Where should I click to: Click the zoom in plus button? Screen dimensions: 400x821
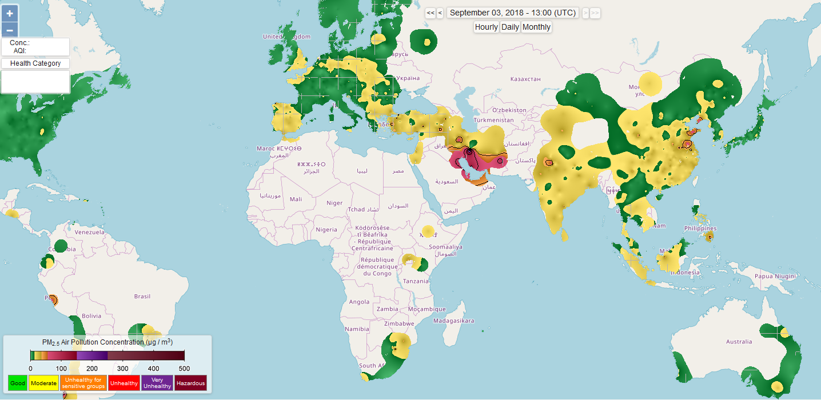pyautogui.click(x=10, y=13)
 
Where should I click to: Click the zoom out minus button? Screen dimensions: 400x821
pyautogui.click(x=10, y=30)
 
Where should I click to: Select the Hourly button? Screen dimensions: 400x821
pyautogui.click(x=487, y=27)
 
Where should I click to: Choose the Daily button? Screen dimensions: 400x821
pyautogui.click(x=510, y=27)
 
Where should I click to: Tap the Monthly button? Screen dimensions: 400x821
pyautogui.click(x=536, y=27)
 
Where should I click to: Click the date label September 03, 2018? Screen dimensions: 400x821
pyautogui.click(x=512, y=13)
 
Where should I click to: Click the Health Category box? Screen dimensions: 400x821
pyautogui.click(x=35, y=63)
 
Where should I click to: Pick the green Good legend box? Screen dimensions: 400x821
pyautogui.click(x=18, y=383)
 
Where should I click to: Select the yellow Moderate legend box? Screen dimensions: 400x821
pyautogui.click(x=44, y=383)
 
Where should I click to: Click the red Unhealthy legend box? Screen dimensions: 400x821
pyautogui.click(x=123, y=383)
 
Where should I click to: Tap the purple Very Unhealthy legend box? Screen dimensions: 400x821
pyautogui.click(x=157, y=383)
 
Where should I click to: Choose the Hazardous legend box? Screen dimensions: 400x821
pyautogui.click(x=190, y=383)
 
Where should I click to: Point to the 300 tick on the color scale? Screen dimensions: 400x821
pyautogui.click(x=123, y=369)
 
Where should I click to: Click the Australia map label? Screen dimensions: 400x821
pyautogui.click(x=739, y=342)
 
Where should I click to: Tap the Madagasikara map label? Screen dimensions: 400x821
pyautogui.click(x=454, y=321)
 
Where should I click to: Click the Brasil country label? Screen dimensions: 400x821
pyautogui.click(x=142, y=296)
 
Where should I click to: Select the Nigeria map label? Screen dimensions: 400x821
pyautogui.click(x=326, y=230)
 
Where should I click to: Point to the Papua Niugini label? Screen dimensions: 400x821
pyautogui.click(x=775, y=276)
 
